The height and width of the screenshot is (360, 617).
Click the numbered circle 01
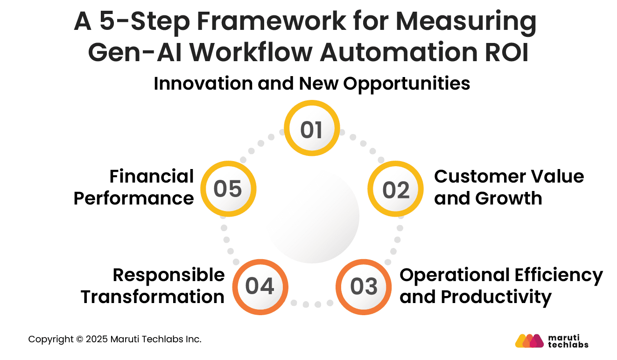(312, 129)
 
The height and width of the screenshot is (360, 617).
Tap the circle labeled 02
(395, 189)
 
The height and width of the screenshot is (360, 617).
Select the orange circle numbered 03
(364, 286)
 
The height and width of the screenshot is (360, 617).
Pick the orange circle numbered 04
(259, 286)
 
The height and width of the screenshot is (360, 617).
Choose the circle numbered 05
(228, 189)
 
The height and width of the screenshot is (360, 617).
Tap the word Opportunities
(407, 85)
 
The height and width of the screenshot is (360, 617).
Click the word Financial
(152, 176)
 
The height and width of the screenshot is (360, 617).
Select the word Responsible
(168, 275)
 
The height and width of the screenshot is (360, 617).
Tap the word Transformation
(153, 297)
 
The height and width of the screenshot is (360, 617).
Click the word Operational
(455, 275)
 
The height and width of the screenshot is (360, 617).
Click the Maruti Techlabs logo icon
(529, 341)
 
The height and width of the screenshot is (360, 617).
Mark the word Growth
(509, 198)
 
